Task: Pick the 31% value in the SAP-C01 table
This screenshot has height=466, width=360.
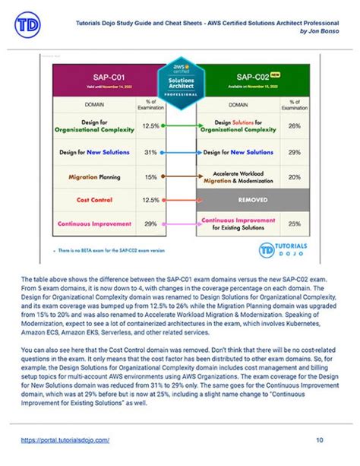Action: pos(150,151)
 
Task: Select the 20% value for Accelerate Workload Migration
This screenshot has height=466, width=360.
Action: pos(295,178)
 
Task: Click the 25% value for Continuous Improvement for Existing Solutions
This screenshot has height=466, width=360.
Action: pos(295,223)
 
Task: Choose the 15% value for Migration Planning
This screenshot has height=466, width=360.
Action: pos(150,176)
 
